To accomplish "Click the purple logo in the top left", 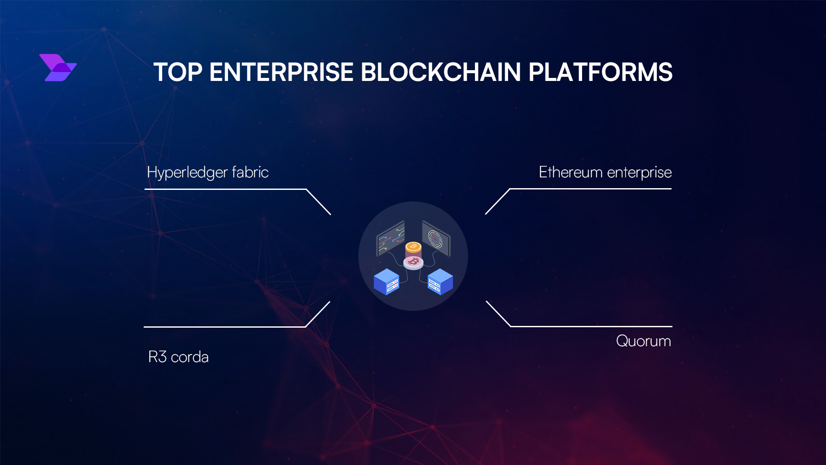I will [58, 68].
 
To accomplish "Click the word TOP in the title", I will [178, 72].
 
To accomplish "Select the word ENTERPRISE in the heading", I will [281, 72].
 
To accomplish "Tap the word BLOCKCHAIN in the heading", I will [441, 72].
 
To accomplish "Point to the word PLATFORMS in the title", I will [600, 72].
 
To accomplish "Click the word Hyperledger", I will [187, 173].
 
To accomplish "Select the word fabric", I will [250, 172].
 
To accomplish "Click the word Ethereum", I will [570, 172].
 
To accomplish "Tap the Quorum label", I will [643, 341].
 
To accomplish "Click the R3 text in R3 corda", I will [157, 357].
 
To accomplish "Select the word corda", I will [190, 357].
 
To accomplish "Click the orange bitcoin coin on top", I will [413, 247].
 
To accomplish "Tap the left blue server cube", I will [386, 282].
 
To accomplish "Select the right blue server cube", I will [440, 282].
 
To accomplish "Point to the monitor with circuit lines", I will [391, 239].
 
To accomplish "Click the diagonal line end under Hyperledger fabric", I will [330, 214].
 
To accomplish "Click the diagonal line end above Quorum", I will [487, 302].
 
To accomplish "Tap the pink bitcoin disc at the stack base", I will [413, 262].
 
